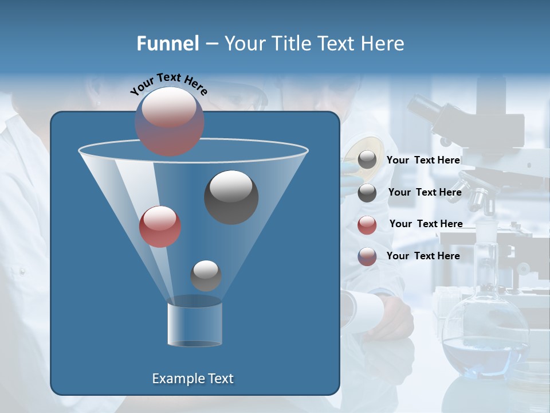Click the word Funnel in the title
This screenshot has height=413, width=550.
[x=168, y=44]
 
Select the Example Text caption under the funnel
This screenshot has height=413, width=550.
[x=192, y=379]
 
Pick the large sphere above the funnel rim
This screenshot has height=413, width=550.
[x=169, y=121]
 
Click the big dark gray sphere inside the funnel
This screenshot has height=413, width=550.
[x=231, y=197]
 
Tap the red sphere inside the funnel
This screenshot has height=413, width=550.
[x=160, y=227]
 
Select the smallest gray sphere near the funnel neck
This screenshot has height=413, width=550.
[x=206, y=275]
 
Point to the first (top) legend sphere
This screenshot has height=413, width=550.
[x=367, y=161]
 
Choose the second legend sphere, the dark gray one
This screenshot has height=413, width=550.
[x=367, y=193]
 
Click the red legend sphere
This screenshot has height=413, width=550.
[x=367, y=225]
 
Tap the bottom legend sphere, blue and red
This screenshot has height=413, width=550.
[x=367, y=256]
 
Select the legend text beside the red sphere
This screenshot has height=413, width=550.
[x=426, y=224]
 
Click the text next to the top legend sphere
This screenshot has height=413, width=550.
[x=423, y=160]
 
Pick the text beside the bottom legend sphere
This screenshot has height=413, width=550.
[x=423, y=256]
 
